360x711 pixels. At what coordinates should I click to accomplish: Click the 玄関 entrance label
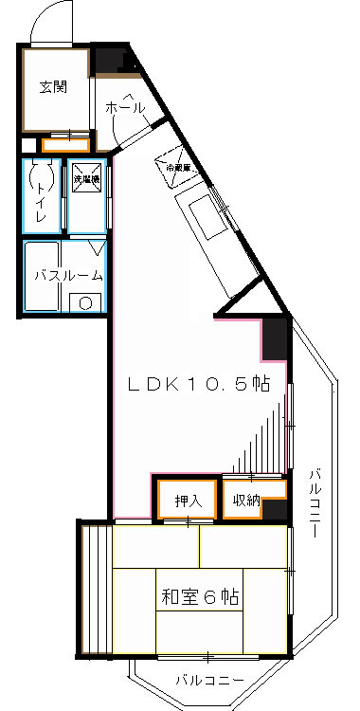point(52,87)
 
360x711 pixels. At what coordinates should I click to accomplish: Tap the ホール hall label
point(125,108)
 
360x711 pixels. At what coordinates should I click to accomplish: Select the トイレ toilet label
point(41,200)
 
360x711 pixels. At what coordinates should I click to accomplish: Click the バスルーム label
point(62,276)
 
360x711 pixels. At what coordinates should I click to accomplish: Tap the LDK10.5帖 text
point(200,385)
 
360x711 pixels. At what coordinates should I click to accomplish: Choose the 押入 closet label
point(188,501)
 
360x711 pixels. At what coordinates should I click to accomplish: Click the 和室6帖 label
point(199,597)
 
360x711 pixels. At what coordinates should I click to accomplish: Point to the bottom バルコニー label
point(209,680)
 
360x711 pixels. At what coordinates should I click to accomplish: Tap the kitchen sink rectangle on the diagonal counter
point(207,216)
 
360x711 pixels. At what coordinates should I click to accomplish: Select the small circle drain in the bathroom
point(84,303)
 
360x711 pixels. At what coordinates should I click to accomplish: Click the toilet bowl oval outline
point(41,175)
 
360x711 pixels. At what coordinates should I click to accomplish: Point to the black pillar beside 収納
point(275,510)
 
